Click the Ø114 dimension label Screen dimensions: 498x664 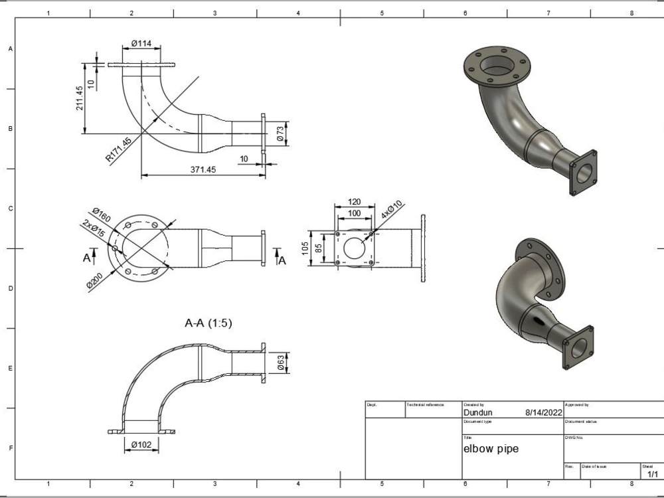click(141, 43)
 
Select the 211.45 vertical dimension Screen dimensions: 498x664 click(80, 98)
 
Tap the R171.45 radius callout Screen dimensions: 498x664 click(119, 149)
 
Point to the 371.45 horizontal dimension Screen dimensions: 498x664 click(203, 170)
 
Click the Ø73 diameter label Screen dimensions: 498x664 click(280, 131)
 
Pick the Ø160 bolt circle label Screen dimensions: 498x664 click(102, 216)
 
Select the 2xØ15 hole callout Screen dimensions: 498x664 click(93, 230)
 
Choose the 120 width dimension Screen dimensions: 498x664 click(355, 202)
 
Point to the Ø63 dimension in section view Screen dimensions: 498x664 click(281, 362)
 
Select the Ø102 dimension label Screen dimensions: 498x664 click(141, 444)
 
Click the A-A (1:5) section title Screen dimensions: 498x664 click(208, 323)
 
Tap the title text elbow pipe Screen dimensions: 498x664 click(491, 449)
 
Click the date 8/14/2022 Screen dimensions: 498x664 click(543, 412)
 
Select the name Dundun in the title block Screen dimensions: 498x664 click(477, 412)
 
